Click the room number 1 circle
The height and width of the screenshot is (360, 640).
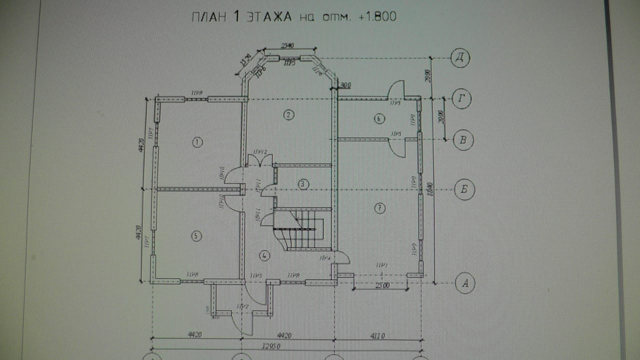click(x=197, y=142)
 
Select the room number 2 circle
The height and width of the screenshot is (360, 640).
click(x=288, y=115)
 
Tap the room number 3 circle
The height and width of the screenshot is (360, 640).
click(x=303, y=184)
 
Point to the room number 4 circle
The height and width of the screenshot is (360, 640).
click(x=264, y=255)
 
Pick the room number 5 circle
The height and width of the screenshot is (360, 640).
click(x=196, y=235)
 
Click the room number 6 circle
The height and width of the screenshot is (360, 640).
click(x=379, y=118)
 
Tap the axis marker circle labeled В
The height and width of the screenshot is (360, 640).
click(x=462, y=140)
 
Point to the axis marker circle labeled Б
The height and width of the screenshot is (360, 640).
click(x=464, y=190)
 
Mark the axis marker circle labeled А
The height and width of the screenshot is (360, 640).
click(x=465, y=283)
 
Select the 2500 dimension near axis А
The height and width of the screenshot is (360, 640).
click(x=381, y=285)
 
